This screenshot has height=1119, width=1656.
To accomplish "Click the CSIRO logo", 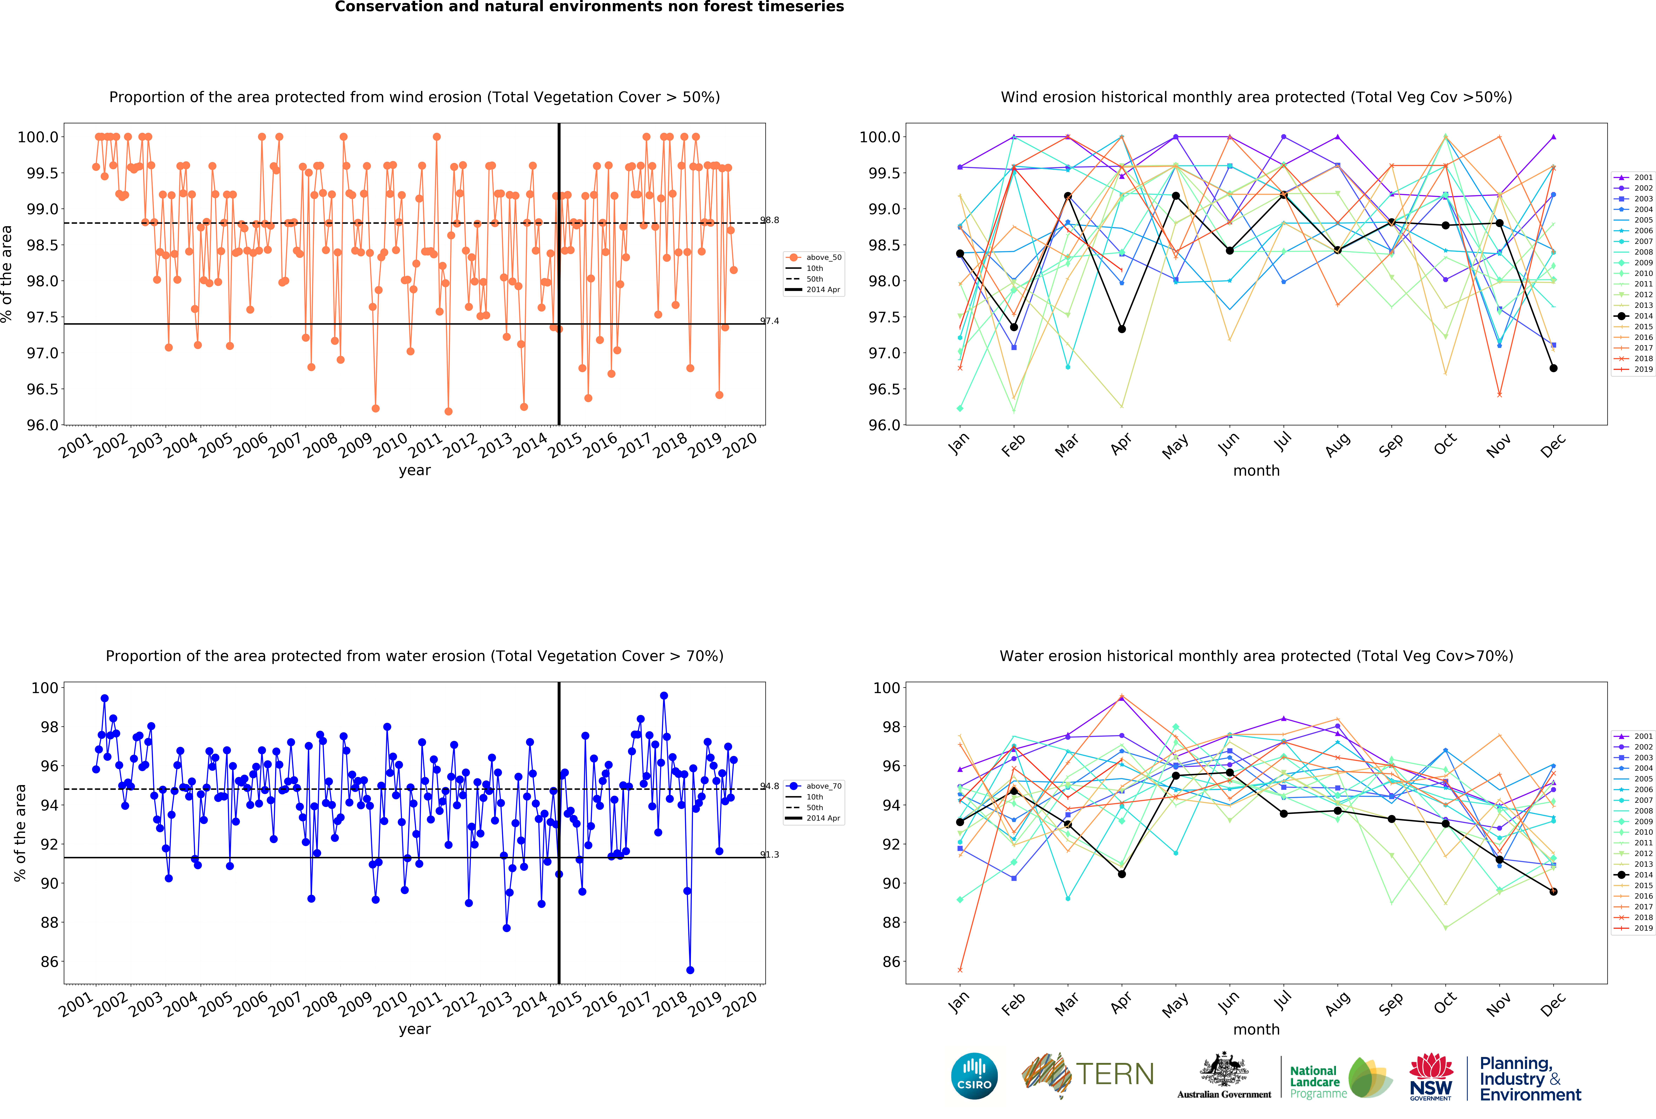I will coord(974,1076).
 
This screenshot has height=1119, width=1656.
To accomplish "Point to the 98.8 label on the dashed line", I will coord(770,220).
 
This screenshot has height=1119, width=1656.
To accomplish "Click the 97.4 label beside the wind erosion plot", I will coord(770,321).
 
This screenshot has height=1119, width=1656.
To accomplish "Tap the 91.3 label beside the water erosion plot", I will coord(770,855).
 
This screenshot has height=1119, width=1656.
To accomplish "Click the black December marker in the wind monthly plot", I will coord(1553,368).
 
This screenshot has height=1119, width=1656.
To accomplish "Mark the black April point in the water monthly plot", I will coord(1122,874).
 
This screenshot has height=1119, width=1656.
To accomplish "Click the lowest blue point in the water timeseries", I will coord(690,970).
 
